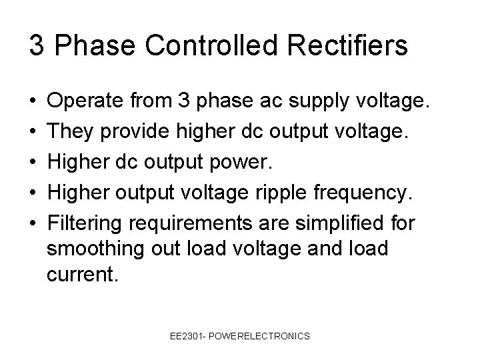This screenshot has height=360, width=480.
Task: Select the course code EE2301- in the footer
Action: [x=189, y=336]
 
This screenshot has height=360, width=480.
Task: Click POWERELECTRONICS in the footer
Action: [x=261, y=336]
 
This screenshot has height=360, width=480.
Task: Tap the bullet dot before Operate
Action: [x=33, y=103]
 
